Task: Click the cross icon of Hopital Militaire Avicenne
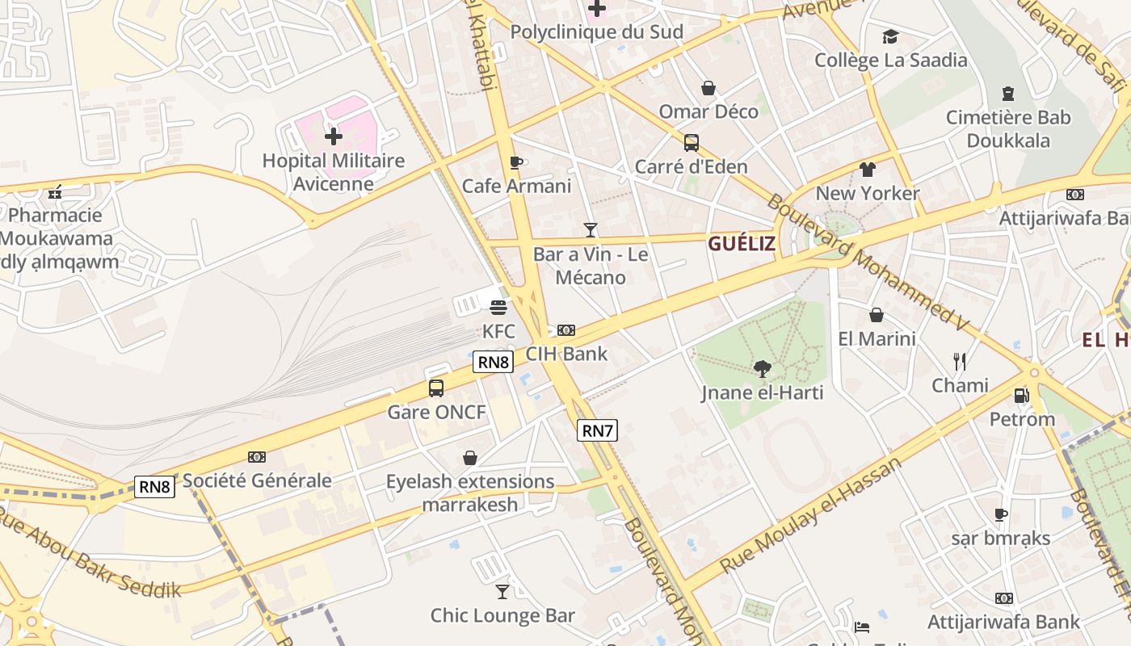pyautogui.click(x=333, y=136)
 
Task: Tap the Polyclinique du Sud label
pyautogui.click(x=597, y=32)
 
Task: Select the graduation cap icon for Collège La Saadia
pyautogui.click(x=890, y=36)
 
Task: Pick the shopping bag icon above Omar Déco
pyautogui.click(x=708, y=87)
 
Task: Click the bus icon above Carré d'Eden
pyautogui.click(x=692, y=143)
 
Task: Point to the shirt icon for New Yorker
pyautogui.click(x=868, y=170)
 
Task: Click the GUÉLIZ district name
pyautogui.click(x=742, y=243)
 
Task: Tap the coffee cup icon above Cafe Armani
pyautogui.click(x=516, y=162)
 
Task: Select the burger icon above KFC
pyautogui.click(x=498, y=308)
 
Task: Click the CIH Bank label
pyautogui.click(x=566, y=354)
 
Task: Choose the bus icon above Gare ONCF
pyautogui.click(x=436, y=388)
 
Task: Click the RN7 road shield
pyautogui.click(x=598, y=430)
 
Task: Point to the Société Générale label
pyautogui.click(x=257, y=480)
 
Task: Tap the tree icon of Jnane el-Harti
pyautogui.click(x=762, y=369)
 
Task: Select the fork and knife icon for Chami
pyautogui.click(x=960, y=361)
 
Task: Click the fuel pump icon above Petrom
pyautogui.click(x=1022, y=396)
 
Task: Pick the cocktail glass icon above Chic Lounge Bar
pyautogui.click(x=502, y=592)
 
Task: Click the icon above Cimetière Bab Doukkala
pyautogui.click(x=1008, y=94)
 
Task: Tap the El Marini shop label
pyautogui.click(x=877, y=338)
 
